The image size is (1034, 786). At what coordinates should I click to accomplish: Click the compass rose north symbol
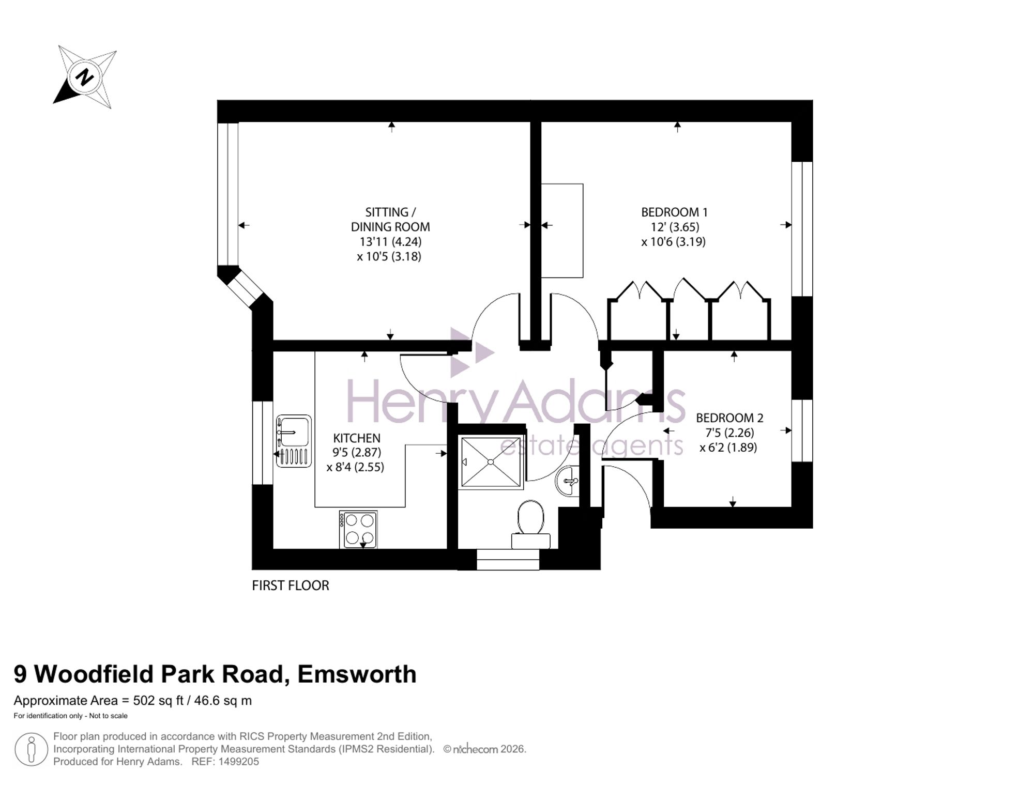(85, 77)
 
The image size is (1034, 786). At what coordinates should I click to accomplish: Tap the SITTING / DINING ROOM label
(390, 220)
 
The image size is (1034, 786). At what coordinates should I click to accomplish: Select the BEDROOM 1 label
(674, 212)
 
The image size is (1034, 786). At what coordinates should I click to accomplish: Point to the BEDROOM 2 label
(729, 418)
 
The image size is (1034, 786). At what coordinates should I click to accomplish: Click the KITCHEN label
(357, 438)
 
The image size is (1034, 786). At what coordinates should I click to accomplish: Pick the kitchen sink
(294, 441)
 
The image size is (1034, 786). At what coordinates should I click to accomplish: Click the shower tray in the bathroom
(491, 462)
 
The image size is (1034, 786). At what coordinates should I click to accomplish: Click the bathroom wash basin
(568, 481)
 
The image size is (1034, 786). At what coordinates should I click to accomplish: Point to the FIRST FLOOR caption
(291, 585)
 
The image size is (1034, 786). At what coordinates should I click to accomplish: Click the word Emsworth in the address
(357, 674)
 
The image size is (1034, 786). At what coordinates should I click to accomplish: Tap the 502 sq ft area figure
(159, 701)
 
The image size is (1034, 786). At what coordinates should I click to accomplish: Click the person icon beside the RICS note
(32, 749)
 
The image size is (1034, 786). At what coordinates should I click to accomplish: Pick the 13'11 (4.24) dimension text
(390, 241)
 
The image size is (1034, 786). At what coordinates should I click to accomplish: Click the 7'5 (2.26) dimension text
(729, 433)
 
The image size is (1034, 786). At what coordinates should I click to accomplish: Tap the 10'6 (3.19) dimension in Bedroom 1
(674, 242)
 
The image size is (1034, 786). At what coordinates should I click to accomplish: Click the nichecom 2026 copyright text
(484, 749)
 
